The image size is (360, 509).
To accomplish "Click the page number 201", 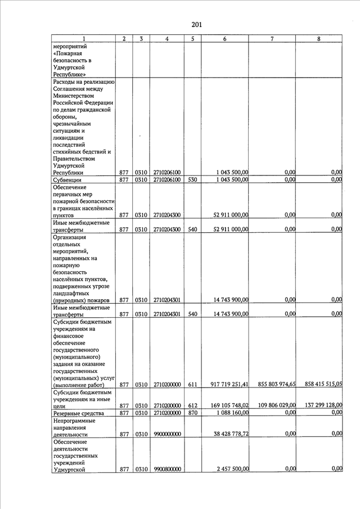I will (x=196, y=25).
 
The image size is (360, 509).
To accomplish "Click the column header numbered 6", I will (x=225, y=38).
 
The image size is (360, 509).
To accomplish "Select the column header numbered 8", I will (x=319, y=38).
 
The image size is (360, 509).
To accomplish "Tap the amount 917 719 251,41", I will (x=229, y=384).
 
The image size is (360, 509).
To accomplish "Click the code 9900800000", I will (x=167, y=469).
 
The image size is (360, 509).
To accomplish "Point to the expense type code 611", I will (x=192, y=384).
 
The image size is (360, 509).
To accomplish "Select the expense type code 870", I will (x=192, y=413).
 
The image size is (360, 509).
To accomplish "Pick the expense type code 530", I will (x=192, y=180).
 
